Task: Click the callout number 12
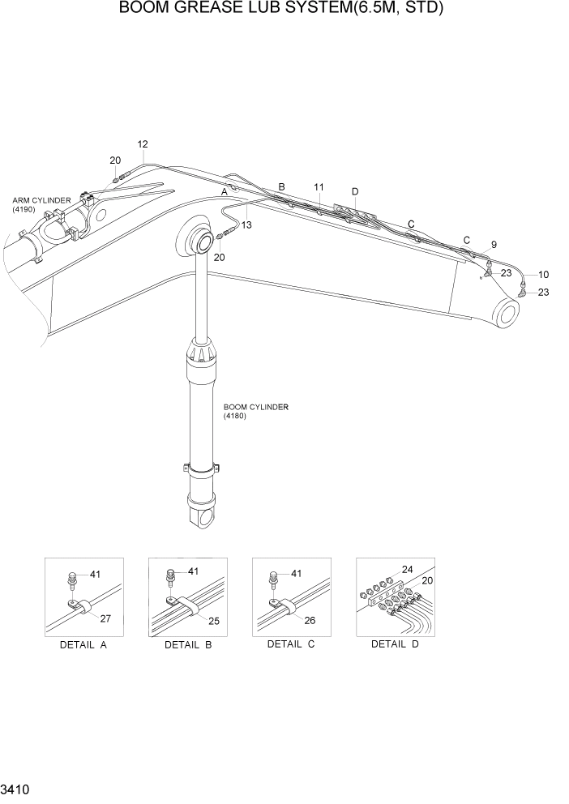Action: tap(142, 144)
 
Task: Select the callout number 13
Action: tap(246, 225)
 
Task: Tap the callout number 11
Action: tap(319, 187)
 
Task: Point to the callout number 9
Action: tap(494, 244)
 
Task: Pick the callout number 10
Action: tap(544, 274)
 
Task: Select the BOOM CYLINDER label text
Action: tap(256, 407)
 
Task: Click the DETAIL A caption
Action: tap(83, 645)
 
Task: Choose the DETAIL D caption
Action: tap(395, 644)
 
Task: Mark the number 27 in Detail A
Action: tap(105, 618)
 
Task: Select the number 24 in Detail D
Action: tap(407, 569)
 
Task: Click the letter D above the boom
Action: tap(355, 191)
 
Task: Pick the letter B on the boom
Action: tap(281, 187)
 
